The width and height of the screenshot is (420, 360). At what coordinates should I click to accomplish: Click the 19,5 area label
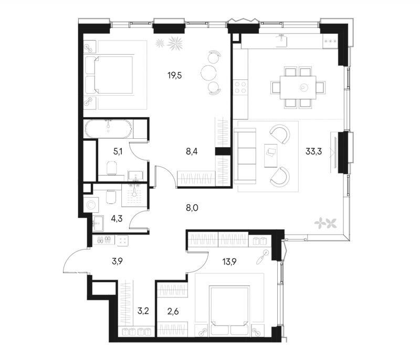175,76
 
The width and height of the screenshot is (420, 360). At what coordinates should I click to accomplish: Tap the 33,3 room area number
313,152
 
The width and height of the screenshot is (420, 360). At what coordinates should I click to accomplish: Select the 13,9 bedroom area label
230,262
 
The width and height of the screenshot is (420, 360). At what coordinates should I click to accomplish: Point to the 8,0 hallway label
192,208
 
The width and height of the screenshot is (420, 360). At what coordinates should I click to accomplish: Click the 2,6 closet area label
173,312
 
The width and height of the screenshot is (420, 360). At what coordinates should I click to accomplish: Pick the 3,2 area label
143,312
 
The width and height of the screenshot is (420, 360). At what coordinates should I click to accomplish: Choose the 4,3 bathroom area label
117,219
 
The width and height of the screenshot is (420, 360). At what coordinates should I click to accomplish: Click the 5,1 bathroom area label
118,152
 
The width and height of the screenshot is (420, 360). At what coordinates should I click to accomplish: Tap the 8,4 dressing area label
192,152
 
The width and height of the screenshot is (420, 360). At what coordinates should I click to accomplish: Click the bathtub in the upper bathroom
108,129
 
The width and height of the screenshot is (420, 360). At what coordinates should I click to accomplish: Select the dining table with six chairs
298,87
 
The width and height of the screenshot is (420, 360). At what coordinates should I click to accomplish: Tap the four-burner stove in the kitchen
240,87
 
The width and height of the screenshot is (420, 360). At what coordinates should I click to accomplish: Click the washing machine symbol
91,205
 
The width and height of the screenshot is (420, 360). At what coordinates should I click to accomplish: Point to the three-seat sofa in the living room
245,156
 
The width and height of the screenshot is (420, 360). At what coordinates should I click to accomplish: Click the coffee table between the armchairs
271,156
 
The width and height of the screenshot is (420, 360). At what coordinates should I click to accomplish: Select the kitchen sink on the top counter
281,41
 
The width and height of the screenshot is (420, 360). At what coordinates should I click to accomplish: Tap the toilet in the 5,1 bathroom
112,168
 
